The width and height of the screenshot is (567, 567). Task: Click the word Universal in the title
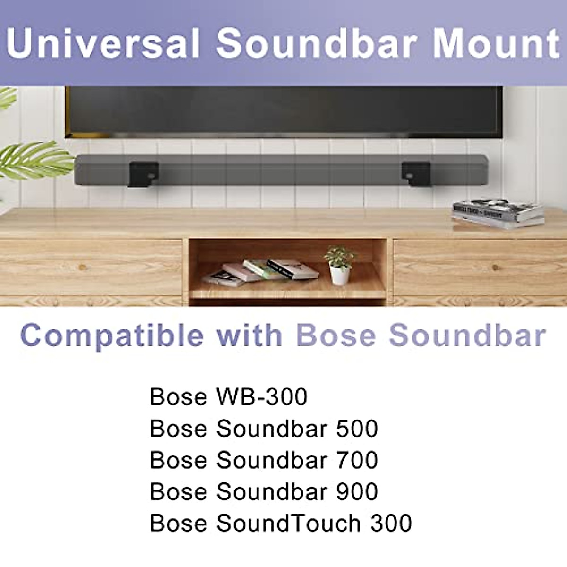103,43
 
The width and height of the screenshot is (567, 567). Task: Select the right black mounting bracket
416,172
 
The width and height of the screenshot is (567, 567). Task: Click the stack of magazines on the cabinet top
498,213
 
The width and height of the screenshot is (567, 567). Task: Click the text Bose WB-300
228,397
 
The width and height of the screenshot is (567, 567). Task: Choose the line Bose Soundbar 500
264,429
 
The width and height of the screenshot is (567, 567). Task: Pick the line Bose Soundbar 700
264,460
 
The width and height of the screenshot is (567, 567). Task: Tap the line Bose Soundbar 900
264,492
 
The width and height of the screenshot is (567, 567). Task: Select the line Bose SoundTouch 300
281,524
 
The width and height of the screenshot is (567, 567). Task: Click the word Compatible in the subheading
112,336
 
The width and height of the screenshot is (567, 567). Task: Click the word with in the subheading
249,335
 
